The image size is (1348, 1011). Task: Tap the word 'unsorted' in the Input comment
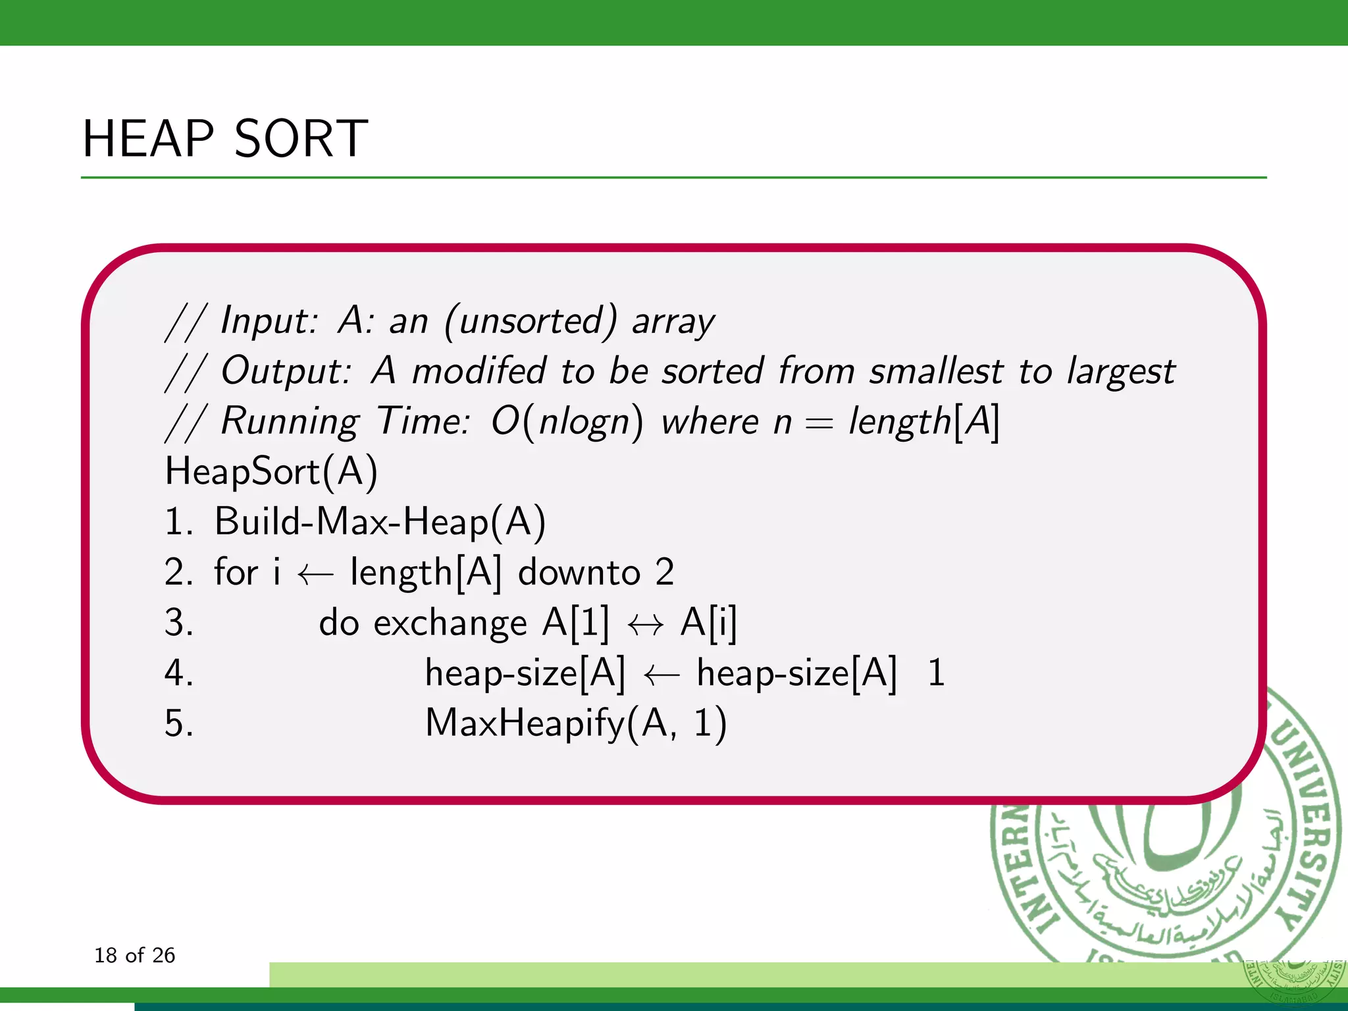(x=531, y=321)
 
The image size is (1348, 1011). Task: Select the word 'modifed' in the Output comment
(x=479, y=371)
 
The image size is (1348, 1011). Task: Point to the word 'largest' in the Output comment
(x=1120, y=372)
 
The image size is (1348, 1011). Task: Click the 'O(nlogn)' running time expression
(x=567, y=421)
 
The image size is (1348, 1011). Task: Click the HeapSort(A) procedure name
(x=271, y=471)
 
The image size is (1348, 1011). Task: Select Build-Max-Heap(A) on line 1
(x=380, y=522)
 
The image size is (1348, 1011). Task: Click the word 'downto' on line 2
(x=579, y=572)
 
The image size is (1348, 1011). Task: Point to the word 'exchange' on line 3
(x=450, y=623)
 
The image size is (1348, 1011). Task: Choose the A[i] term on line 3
(x=709, y=623)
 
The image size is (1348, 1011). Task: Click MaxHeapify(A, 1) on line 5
(x=576, y=723)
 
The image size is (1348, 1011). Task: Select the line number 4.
(x=178, y=673)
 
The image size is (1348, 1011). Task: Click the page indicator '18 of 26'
(x=135, y=955)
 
